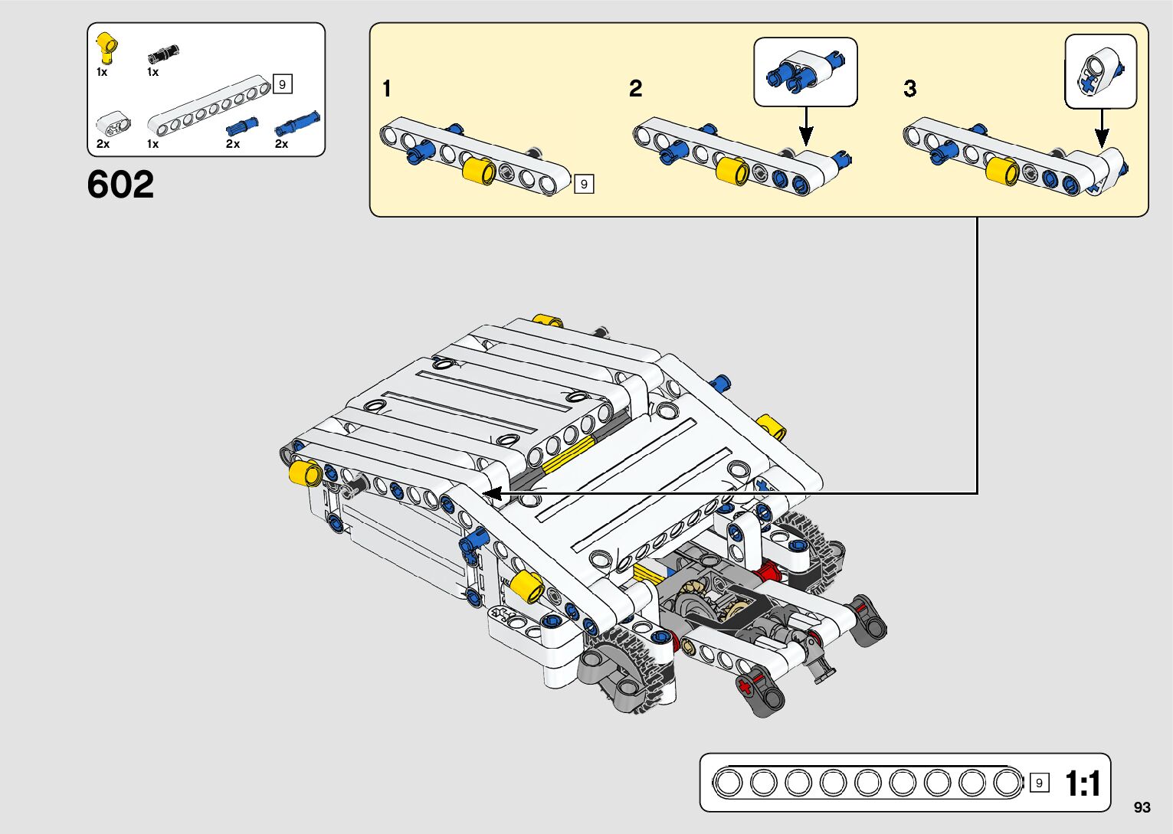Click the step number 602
click(x=120, y=184)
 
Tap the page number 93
click(x=1142, y=806)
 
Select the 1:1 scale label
click(x=1083, y=783)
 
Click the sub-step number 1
click(x=387, y=88)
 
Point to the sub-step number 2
click(x=635, y=88)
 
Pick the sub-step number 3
click(x=910, y=88)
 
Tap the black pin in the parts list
click(x=164, y=54)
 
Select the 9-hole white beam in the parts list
click(x=209, y=105)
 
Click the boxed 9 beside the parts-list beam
click(x=282, y=84)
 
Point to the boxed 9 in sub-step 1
click(x=584, y=184)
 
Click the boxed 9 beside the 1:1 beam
click(x=1040, y=783)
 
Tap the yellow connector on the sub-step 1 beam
click(x=479, y=170)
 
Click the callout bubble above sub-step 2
click(x=805, y=72)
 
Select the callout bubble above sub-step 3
click(x=1101, y=71)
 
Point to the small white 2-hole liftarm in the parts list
click(x=113, y=124)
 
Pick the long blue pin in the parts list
click(x=297, y=123)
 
